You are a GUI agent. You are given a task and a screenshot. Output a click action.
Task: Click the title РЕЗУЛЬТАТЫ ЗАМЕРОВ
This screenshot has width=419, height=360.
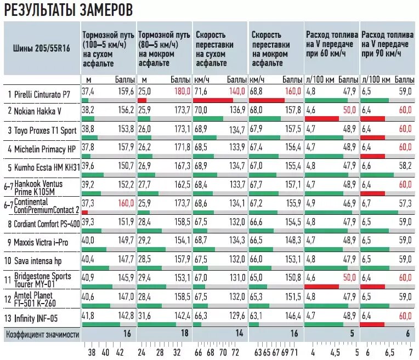pos(68,10)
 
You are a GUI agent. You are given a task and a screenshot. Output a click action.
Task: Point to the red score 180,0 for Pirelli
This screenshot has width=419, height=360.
pos(180,92)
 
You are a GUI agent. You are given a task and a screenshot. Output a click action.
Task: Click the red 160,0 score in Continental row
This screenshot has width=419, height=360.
pos(124,203)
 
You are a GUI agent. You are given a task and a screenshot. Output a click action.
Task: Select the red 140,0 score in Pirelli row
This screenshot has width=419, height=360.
pos(237,92)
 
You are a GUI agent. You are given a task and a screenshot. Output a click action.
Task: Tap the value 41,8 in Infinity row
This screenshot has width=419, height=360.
pos(88,315)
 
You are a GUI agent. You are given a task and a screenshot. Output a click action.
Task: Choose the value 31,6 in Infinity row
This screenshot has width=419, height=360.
pos(144,315)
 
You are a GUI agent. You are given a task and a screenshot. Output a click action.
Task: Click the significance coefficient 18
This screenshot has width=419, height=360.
pos(185,333)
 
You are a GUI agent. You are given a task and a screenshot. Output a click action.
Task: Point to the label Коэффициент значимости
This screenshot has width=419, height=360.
pos(42,333)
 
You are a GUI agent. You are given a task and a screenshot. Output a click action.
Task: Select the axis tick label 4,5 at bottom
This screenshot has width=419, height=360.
pos(334,352)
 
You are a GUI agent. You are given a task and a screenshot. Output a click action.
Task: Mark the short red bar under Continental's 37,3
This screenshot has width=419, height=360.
pos(84,212)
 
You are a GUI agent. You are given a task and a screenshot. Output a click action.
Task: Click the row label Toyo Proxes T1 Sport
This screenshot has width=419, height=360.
pos(42,130)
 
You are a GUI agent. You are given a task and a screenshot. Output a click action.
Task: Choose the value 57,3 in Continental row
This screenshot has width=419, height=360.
pos(405,203)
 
